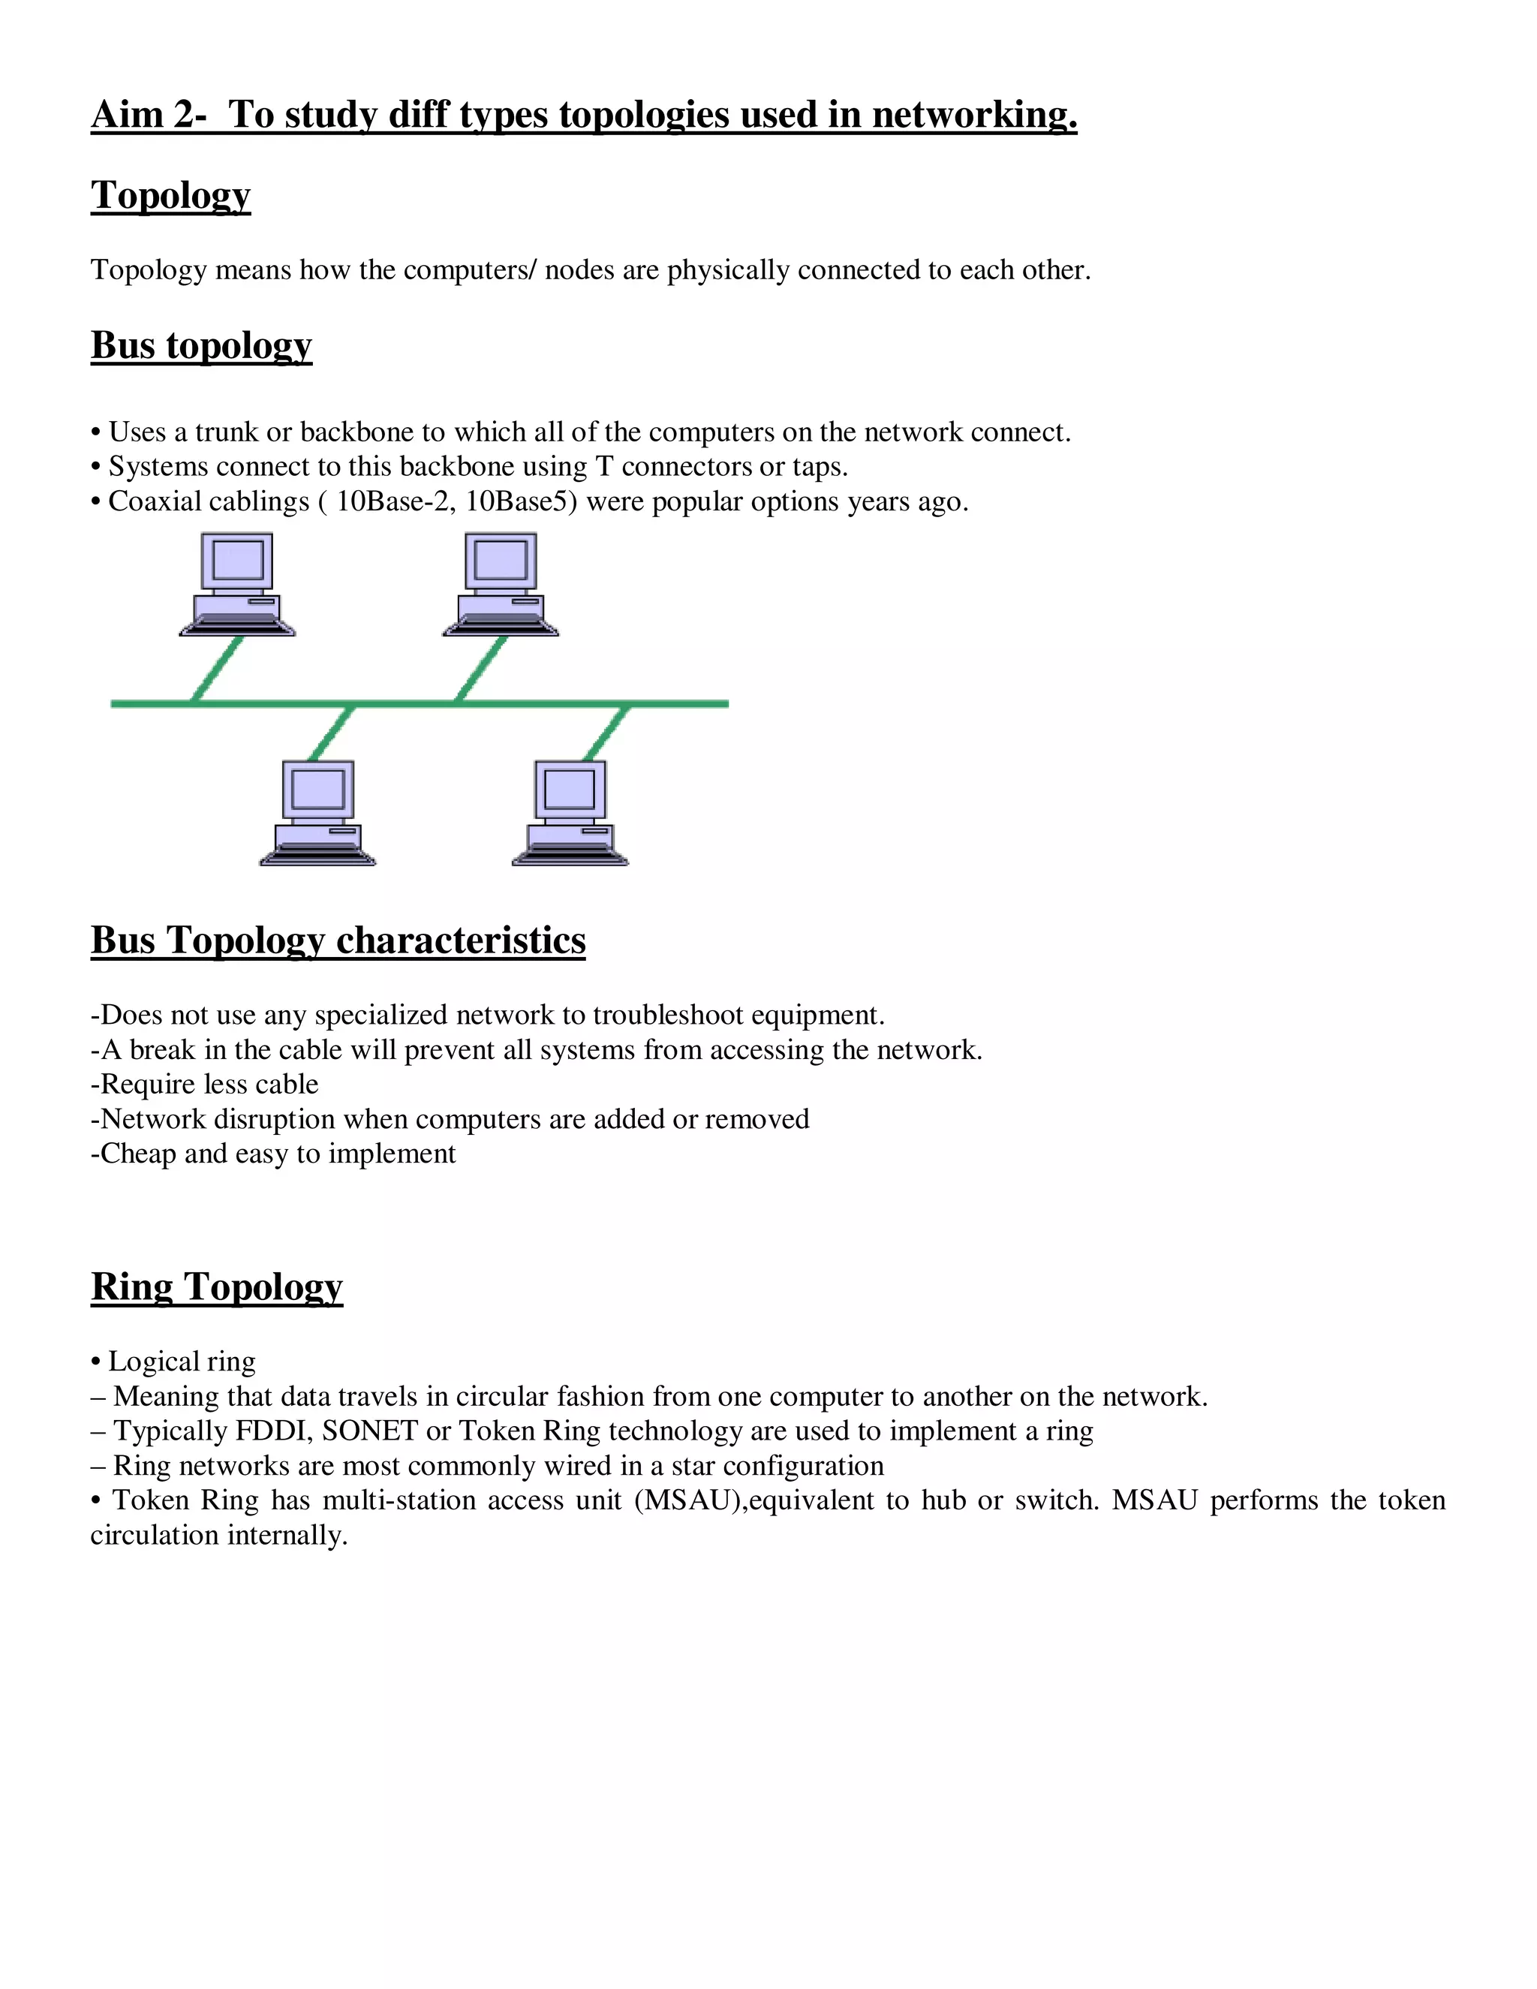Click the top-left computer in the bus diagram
pos(238,584)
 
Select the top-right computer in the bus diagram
pos(501,584)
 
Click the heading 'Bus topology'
pos(201,346)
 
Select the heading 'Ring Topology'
pos(217,1286)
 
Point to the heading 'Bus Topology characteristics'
pos(338,940)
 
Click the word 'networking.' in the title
pos(974,115)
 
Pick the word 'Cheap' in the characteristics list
pos(137,1154)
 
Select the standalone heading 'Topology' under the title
pos(170,196)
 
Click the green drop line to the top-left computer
pos(218,670)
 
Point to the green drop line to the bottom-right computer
pos(606,733)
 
